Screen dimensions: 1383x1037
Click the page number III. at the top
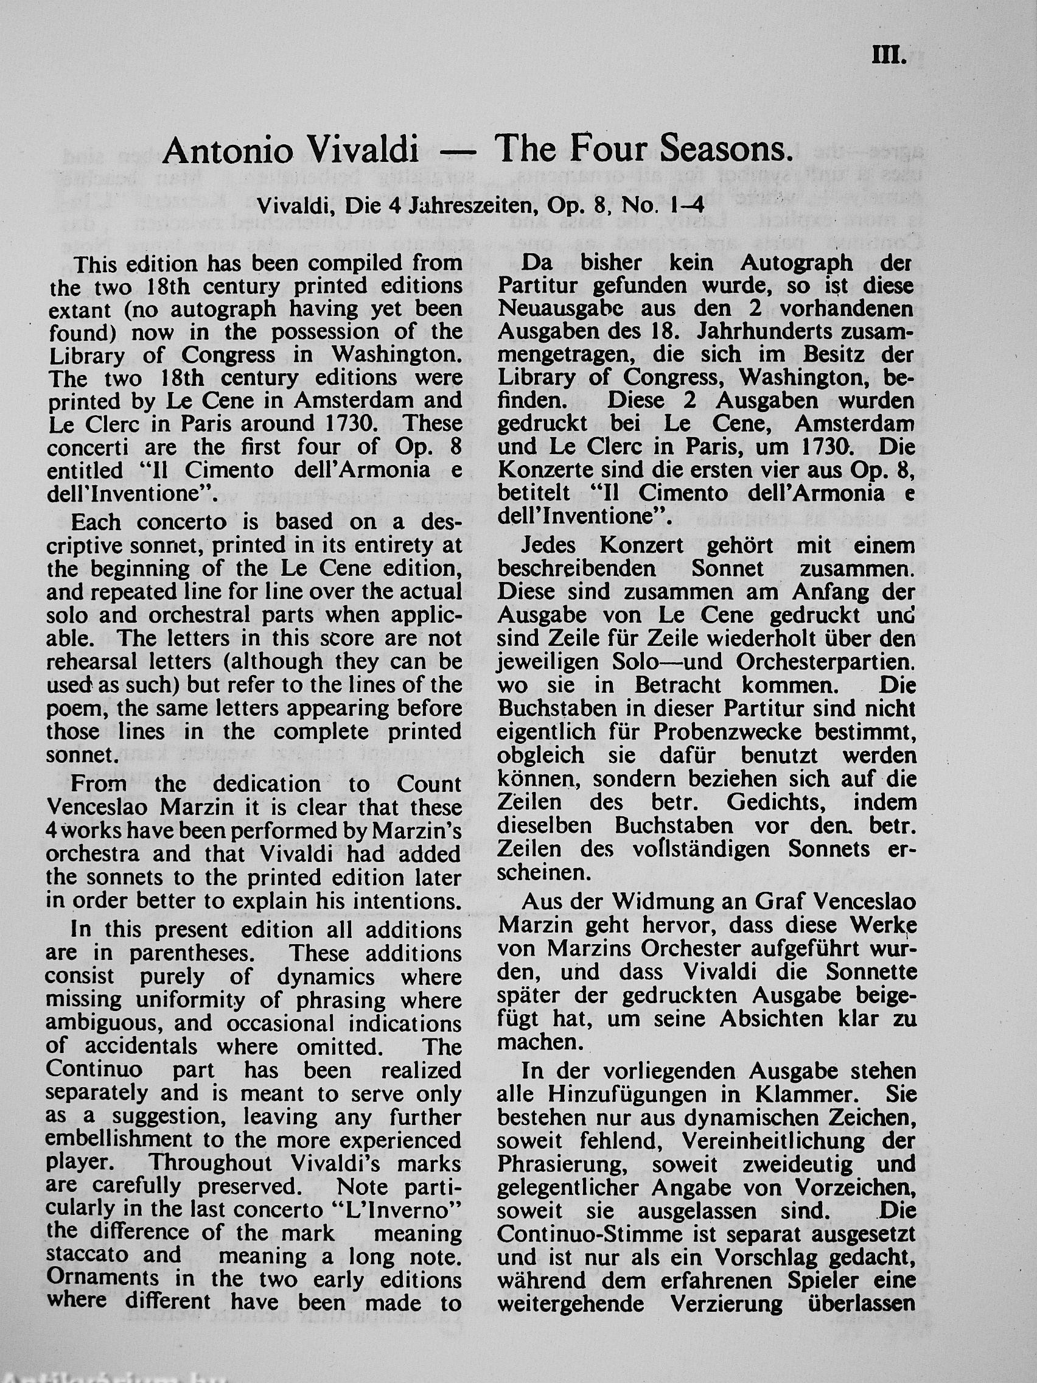pyautogui.click(x=889, y=57)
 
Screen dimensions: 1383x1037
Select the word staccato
pyautogui.click(x=87, y=1255)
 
